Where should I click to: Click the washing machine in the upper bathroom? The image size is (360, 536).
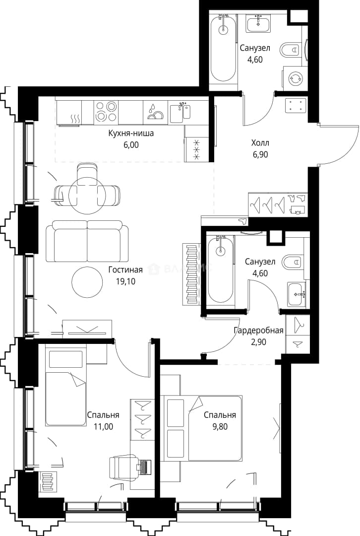pyautogui.click(x=293, y=79)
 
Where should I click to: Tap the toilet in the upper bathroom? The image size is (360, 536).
pyautogui.click(x=290, y=50)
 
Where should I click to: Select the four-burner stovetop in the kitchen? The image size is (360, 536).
pyautogui.click(x=106, y=112)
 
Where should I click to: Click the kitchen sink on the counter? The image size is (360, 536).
pyautogui.click(x=180, y=112)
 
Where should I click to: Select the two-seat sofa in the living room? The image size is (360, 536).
pyautogui.click(x=87, y=242)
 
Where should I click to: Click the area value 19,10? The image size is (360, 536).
pyautogui.click(x=125, y=282)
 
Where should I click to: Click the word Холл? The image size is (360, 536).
pyautogui.click(x=260, y=143)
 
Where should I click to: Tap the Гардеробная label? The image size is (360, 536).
pyautogui.click(x=258, y=331)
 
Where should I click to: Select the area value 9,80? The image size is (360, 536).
pyautogui.click(x=220, y=427)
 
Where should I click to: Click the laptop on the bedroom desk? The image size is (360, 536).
pyautogui.click(x=144, y=466)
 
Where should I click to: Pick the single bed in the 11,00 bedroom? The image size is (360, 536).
pyautogui.click(x=66, y=386)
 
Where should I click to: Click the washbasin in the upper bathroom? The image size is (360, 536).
pyautogui.click(x=258, y=22)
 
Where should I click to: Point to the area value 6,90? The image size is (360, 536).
pyautogui.click(x=260, y=154)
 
